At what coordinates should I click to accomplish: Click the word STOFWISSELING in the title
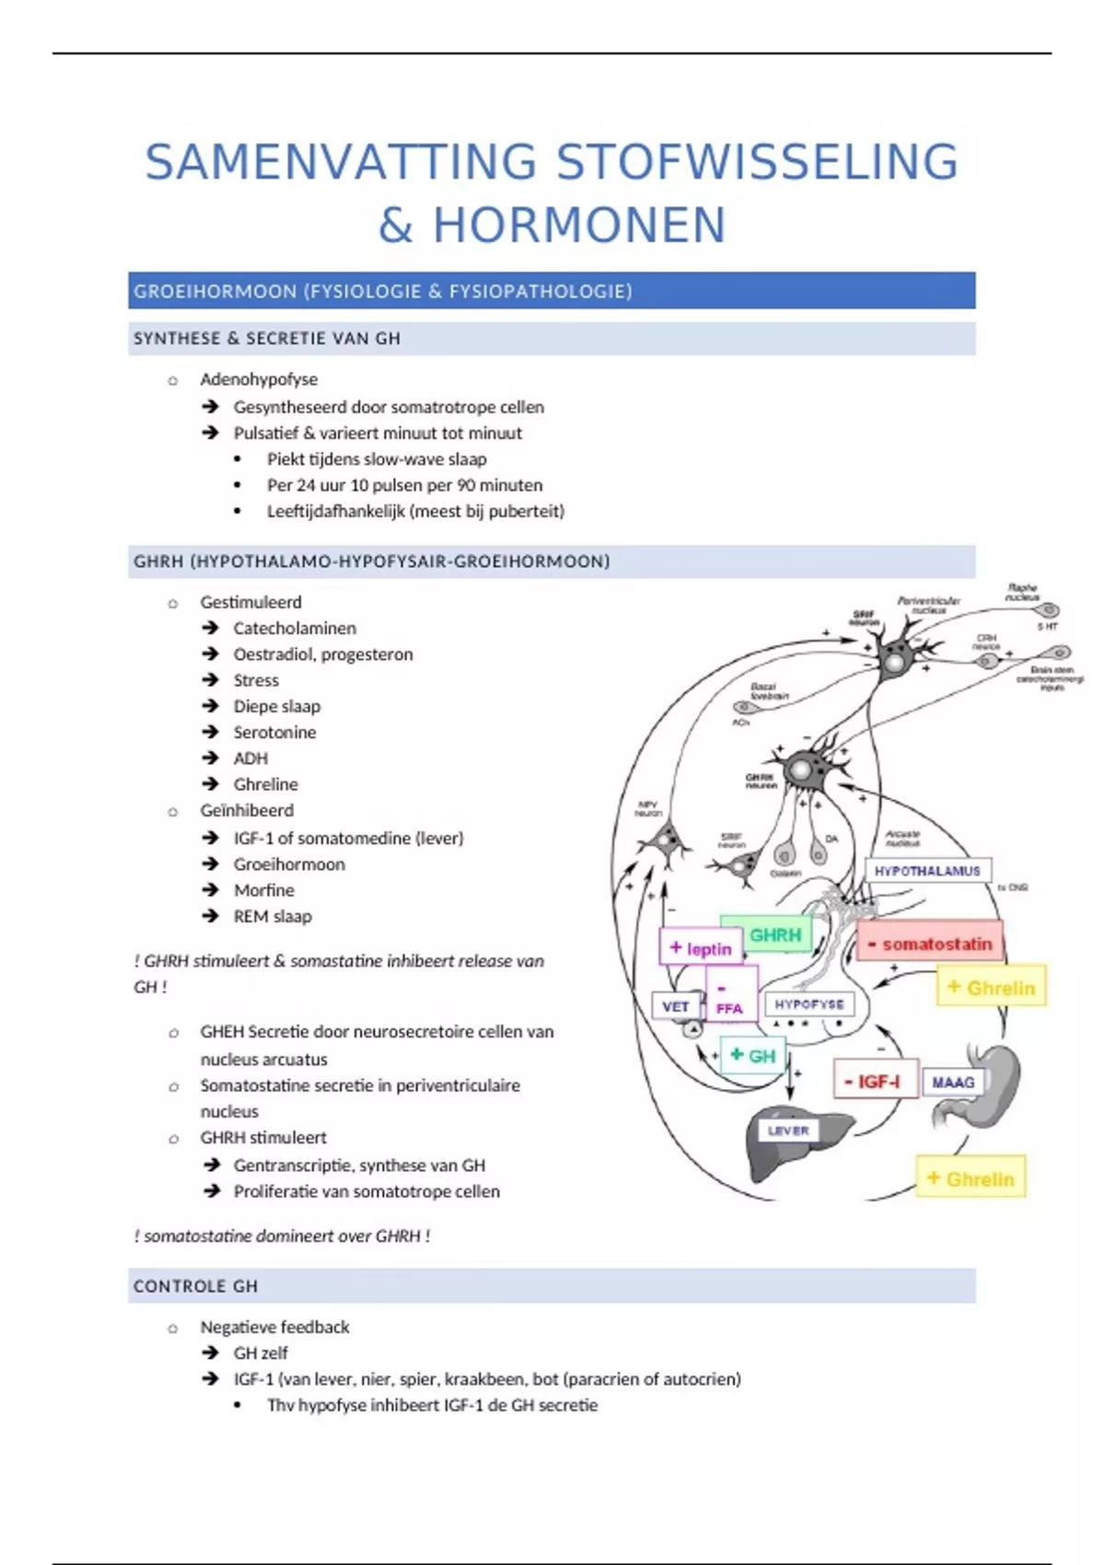pyautogui.click(x=757, y=162)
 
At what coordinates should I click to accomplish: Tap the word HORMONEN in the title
pyautogui.click(x=580, y=226)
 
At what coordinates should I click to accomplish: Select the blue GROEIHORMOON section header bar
pyautogui.click(x=552, y=291)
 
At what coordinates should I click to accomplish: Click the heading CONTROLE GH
pyautogui.click(x=195, y=1286)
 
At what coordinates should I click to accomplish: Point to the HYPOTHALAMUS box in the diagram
pyautogui.click(x=927, y=871)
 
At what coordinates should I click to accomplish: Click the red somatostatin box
pyautogui.click(x=930, y=944)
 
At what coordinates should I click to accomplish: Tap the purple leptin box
pyautogui.click(x=701, y=947)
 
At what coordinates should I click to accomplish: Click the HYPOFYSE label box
pyautogui.click(x=809, y=1004)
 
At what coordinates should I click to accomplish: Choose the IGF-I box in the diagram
pyautogui.click(x=876, y=1081)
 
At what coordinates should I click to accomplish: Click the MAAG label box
pyautogui.click(x=953, y=1083)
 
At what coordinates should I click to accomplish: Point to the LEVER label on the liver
pyautogui.click(x=788, y=1130)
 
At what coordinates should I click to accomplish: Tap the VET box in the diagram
pyautogui.click(x=675, y=1006)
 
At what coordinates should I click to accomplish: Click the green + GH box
pyautogui.click(x=753, y=1055)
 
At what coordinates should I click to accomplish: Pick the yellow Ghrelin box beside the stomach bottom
pyautogui.click(x=971, y=1178)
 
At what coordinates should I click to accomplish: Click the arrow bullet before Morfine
pyautogui.click(x=211, y=890)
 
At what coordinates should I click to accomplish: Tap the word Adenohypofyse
pyautogui.click(x=259, y=379)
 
